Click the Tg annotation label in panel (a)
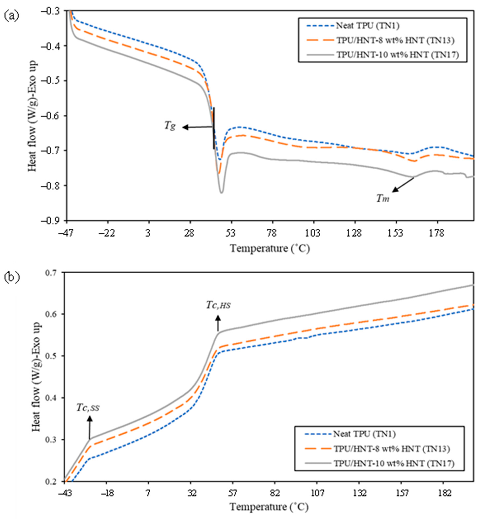pos(170,126)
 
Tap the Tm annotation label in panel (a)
pos(383,199)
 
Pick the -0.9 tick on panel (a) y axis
pos(54,220)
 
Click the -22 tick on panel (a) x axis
pos(107,233)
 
